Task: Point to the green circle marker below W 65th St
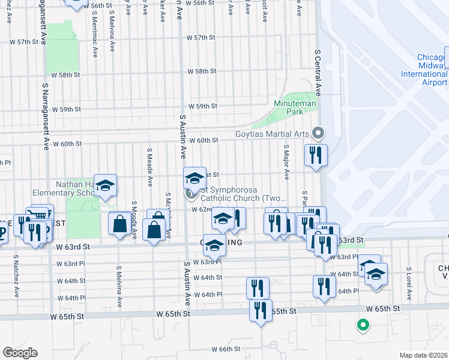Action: [x=362, y=326]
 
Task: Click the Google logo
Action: [x=20, y=353]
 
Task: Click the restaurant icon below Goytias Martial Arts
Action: [x=316, y=155]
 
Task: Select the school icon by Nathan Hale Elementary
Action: [x=105, y=185]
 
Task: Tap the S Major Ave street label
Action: [x=286, y=160]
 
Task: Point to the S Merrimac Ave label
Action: [x=95, y=40]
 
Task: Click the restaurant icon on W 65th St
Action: [x=261, y=310]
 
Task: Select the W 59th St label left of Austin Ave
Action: [x=66, y=110]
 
